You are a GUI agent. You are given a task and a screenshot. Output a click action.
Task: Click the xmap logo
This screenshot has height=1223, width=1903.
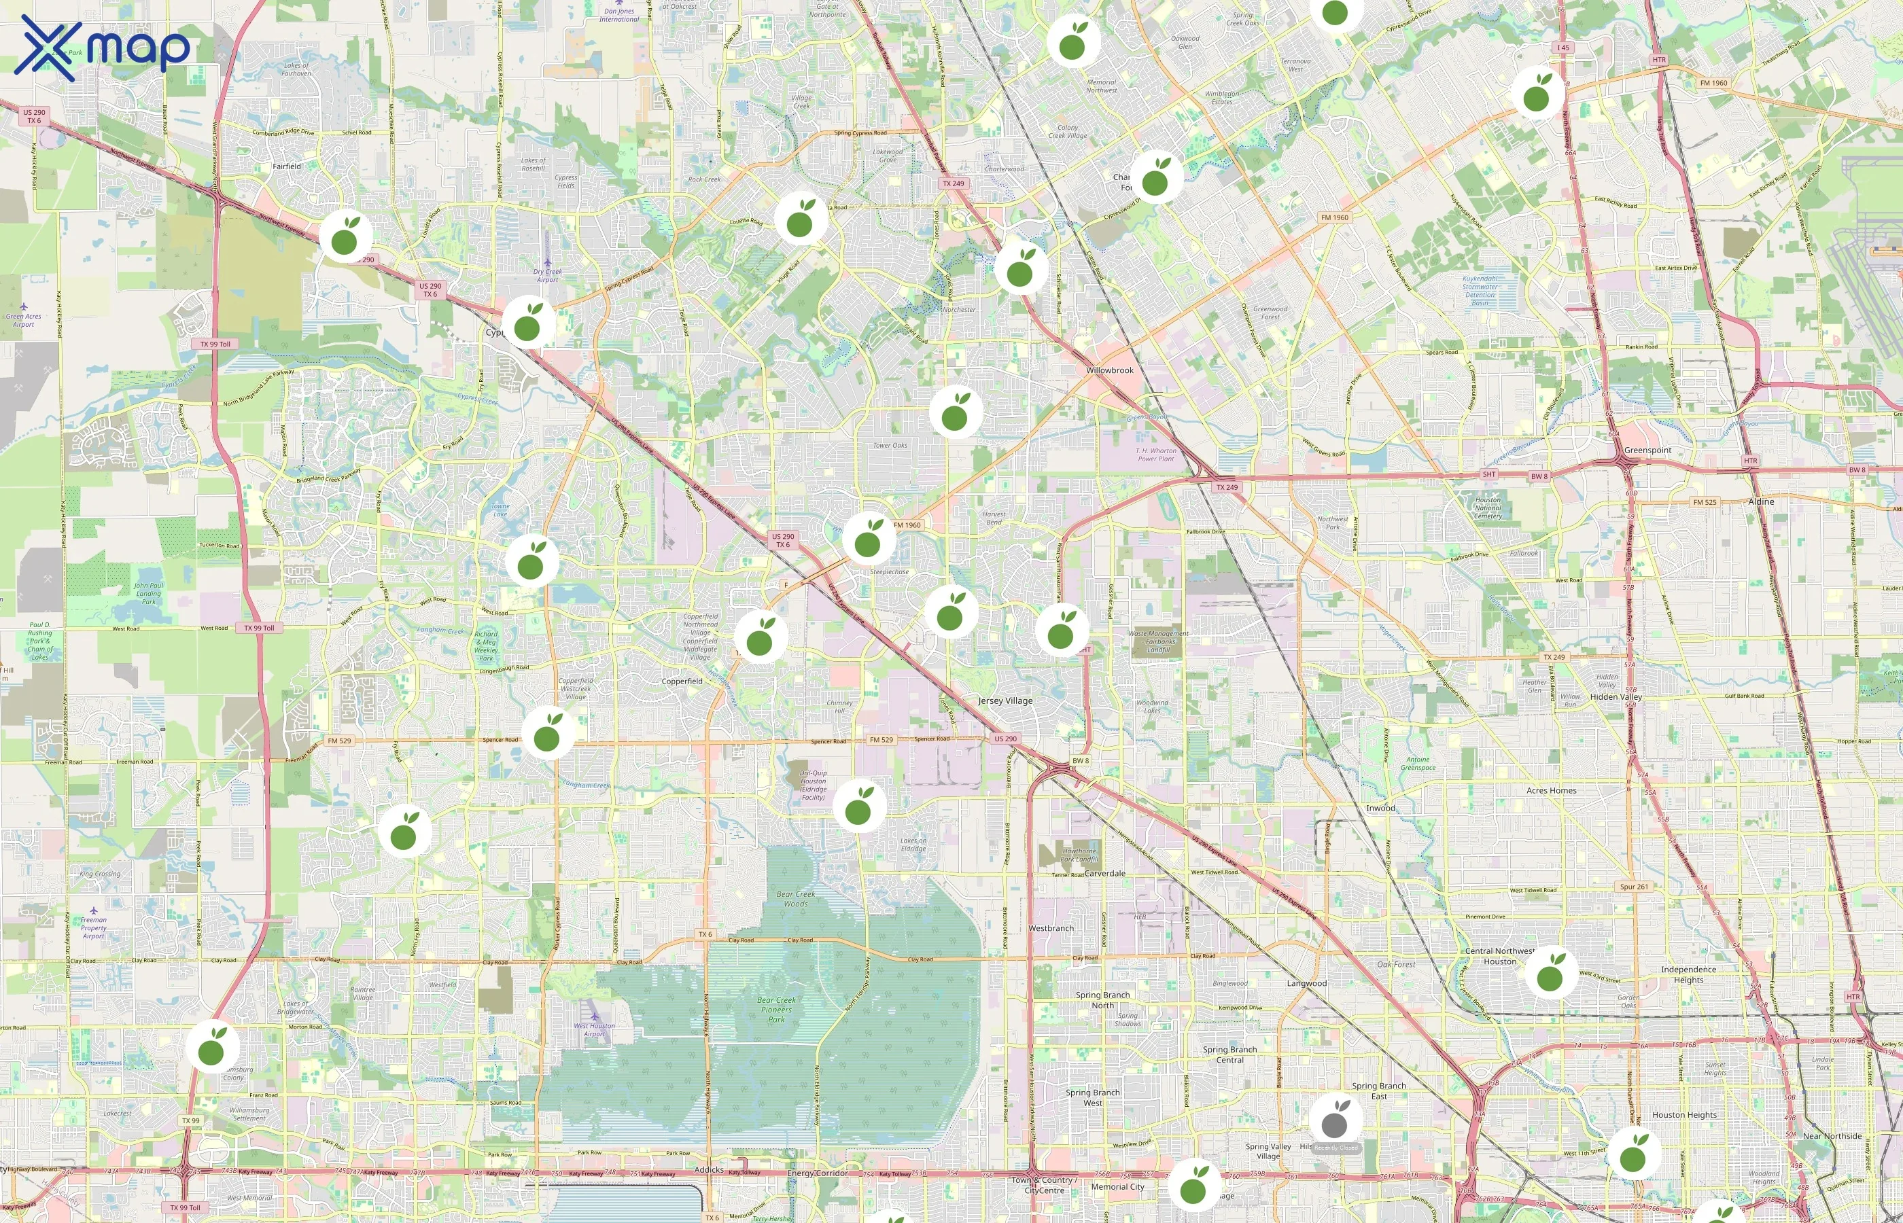pos(103,48)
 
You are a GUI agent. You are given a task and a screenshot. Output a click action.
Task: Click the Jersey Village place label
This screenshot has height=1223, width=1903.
pos(1005,701)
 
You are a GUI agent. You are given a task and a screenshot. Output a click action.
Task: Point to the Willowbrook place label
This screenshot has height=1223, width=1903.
pos(1110,371)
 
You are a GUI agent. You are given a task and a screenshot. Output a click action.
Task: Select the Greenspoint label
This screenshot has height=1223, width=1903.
pos(1647,450)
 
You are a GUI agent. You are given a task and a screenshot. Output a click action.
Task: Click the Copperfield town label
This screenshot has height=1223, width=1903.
pos(682,681)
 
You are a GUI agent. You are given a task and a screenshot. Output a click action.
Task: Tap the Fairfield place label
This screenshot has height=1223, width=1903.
pos(287,166)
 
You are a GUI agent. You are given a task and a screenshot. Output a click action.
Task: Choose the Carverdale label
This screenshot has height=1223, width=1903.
pos(1105,874)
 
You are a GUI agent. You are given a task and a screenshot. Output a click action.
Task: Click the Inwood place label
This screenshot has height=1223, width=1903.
pos(1380,809)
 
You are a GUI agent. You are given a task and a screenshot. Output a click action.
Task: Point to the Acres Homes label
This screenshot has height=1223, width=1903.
pos(1551,791)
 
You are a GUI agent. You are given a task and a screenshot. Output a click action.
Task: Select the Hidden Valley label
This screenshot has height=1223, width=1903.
pos(1616,697)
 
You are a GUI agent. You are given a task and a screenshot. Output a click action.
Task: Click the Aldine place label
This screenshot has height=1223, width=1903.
pos(1761,502)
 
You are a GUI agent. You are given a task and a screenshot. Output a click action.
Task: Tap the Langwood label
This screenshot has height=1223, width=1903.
pos(1306,984)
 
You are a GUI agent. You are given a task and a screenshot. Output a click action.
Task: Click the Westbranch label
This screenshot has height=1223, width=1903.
pos(1051,928)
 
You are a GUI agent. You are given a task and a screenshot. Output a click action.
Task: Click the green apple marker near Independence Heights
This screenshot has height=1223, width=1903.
pos(1550,974)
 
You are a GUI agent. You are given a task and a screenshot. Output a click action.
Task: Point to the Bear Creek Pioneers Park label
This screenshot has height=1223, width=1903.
pos(776,1010)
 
